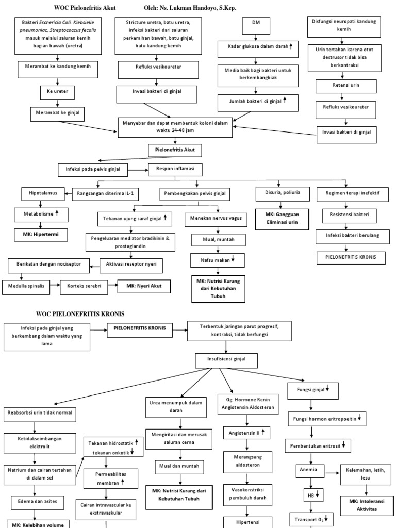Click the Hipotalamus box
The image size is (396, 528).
coord(43,193)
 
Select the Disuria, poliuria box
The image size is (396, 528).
coord(282,193)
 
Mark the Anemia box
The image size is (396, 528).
coord(311,470)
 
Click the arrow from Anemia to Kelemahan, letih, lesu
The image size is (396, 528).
coord(333,470)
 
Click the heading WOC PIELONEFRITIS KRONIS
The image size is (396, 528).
coord(80,313)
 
